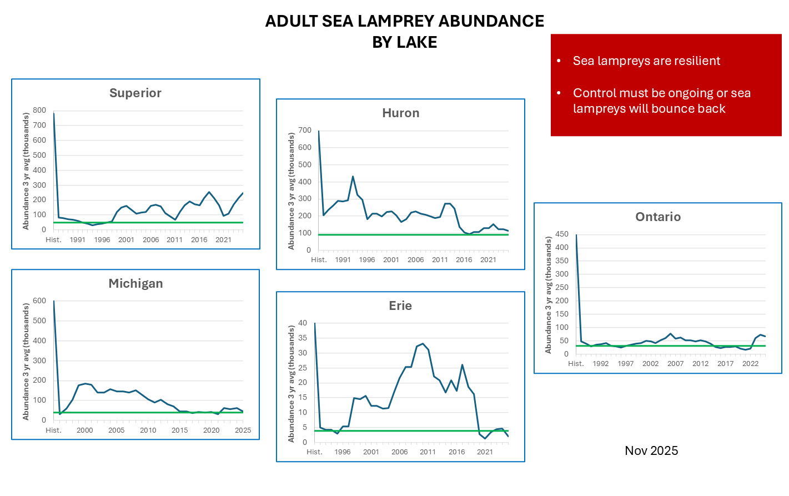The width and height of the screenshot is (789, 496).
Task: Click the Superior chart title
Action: tap(135, 93)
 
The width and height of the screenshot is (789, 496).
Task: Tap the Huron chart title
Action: tap(400, 113)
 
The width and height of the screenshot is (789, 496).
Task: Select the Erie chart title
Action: tap(400, 306)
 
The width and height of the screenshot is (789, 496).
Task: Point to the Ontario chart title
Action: tap(657, 217)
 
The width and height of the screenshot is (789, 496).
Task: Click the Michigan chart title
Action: tap(135, 284)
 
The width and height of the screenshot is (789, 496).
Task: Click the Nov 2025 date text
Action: tap(651, 451)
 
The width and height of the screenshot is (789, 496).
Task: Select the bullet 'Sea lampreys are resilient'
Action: tap(646, 61)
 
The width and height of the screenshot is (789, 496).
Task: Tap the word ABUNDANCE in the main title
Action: tap(491, 21)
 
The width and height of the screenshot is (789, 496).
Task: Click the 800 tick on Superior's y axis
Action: tap(39, 110)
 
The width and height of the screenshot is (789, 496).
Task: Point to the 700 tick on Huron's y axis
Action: tap(305, 131)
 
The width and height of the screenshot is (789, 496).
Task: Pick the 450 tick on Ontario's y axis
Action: tap(562, 234)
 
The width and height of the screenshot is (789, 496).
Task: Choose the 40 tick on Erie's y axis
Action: tap(303, 323)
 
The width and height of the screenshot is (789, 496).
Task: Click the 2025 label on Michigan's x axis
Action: tap(243, 430)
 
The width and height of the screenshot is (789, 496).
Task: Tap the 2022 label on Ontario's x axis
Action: tap(750, 364)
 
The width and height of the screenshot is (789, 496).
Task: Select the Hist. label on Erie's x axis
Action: tap(314, 452)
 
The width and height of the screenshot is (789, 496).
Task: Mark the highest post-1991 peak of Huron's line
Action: tap(353, 177)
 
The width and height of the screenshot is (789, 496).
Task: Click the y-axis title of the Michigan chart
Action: tap(26, 361)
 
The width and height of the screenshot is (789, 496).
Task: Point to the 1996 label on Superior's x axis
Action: tap(102, 240)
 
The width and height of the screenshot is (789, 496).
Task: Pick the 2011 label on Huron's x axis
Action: tap(440, 260)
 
